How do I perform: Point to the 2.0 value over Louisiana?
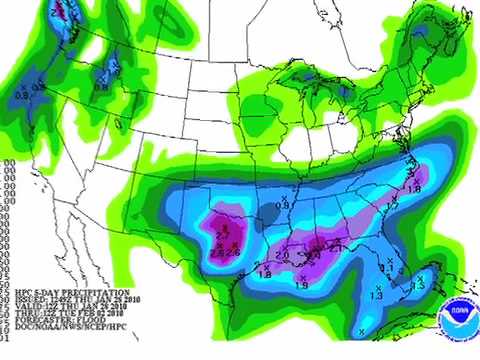click(283, 256)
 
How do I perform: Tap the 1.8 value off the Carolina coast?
click(413, 188)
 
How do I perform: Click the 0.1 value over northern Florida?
click(388, 268)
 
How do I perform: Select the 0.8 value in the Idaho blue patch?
click(101, 87)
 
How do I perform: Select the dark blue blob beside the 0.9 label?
click(267, 212)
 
